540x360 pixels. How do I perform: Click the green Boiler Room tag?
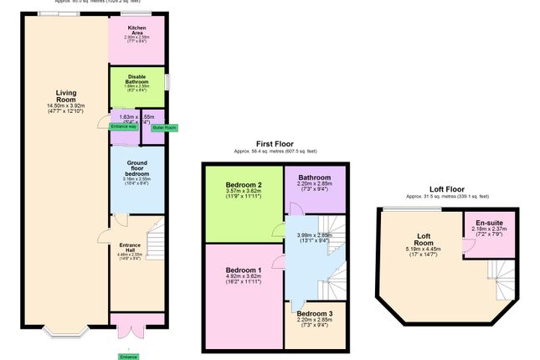click(x=164, y=127)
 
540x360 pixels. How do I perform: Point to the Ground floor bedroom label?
click(x=136, y=167)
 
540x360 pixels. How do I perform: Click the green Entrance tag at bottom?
click(x=127, y=357)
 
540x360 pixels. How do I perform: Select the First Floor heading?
click(x=275, y=144)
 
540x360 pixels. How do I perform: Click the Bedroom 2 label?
click(x=243, y=184)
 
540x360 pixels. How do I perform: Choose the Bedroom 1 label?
click(x=243, y=270)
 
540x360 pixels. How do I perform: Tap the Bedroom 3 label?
click(x=316, y=313)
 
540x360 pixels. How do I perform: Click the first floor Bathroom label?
click(x=316, y=177)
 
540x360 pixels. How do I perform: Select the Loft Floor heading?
click(x=448, y=189)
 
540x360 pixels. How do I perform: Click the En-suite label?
click(x=489, y=222)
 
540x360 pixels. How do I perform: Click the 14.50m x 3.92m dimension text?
click(x=66, y=105)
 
